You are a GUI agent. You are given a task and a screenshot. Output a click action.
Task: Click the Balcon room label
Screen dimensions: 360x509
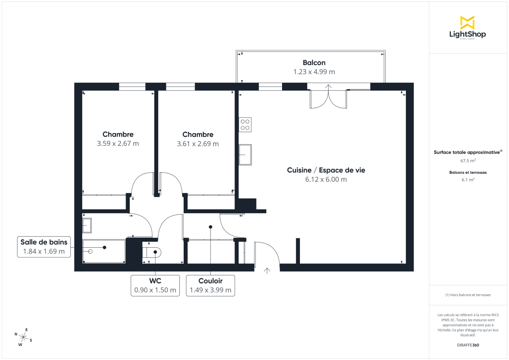coord(314,63)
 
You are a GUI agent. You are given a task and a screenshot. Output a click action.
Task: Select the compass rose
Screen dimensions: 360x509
coord(24,337)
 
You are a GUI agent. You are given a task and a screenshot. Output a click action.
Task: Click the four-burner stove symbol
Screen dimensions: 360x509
coord(245,125)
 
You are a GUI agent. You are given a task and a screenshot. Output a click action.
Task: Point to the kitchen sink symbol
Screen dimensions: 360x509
coord(245,155)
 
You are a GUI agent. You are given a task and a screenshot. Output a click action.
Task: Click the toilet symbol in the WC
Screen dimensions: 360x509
coord(151,252)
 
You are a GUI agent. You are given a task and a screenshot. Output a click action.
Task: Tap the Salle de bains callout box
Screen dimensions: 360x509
coord(44,247)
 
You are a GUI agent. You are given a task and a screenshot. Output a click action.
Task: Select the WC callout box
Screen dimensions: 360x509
coord(155,285)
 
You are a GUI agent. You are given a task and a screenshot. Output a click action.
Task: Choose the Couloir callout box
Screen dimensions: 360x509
coord(210,285)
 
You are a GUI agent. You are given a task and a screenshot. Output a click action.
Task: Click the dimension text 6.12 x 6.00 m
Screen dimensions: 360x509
coord(326,179)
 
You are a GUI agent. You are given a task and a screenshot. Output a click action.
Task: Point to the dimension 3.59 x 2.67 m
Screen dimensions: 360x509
coord(118,143)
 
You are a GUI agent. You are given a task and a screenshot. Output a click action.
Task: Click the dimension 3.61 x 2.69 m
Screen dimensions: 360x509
coord(198,144)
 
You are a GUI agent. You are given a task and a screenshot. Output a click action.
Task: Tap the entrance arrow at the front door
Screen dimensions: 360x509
coord(267,271)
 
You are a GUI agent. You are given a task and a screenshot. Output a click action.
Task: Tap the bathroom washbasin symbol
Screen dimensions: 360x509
coord(87,225)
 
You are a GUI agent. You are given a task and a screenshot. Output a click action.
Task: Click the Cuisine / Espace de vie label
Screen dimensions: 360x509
coord(326,170)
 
